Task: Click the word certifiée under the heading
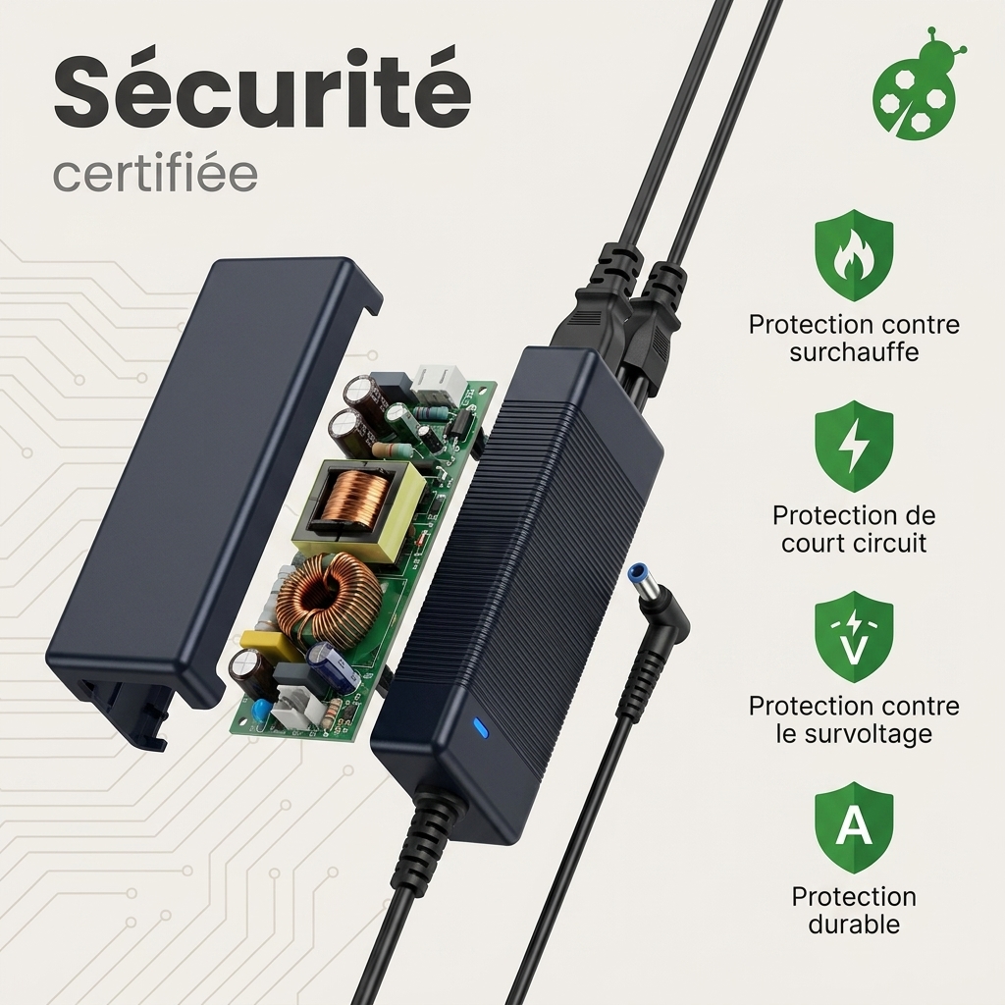(155, 172)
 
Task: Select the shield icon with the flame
(854, 254)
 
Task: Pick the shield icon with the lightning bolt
(854, 447)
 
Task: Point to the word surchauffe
(854, 352)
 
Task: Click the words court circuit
(854, 544)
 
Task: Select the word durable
(854, 925)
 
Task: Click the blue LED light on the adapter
(479, 728)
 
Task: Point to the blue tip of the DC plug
(642, 581)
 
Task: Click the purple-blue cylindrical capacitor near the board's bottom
(331, 669)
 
